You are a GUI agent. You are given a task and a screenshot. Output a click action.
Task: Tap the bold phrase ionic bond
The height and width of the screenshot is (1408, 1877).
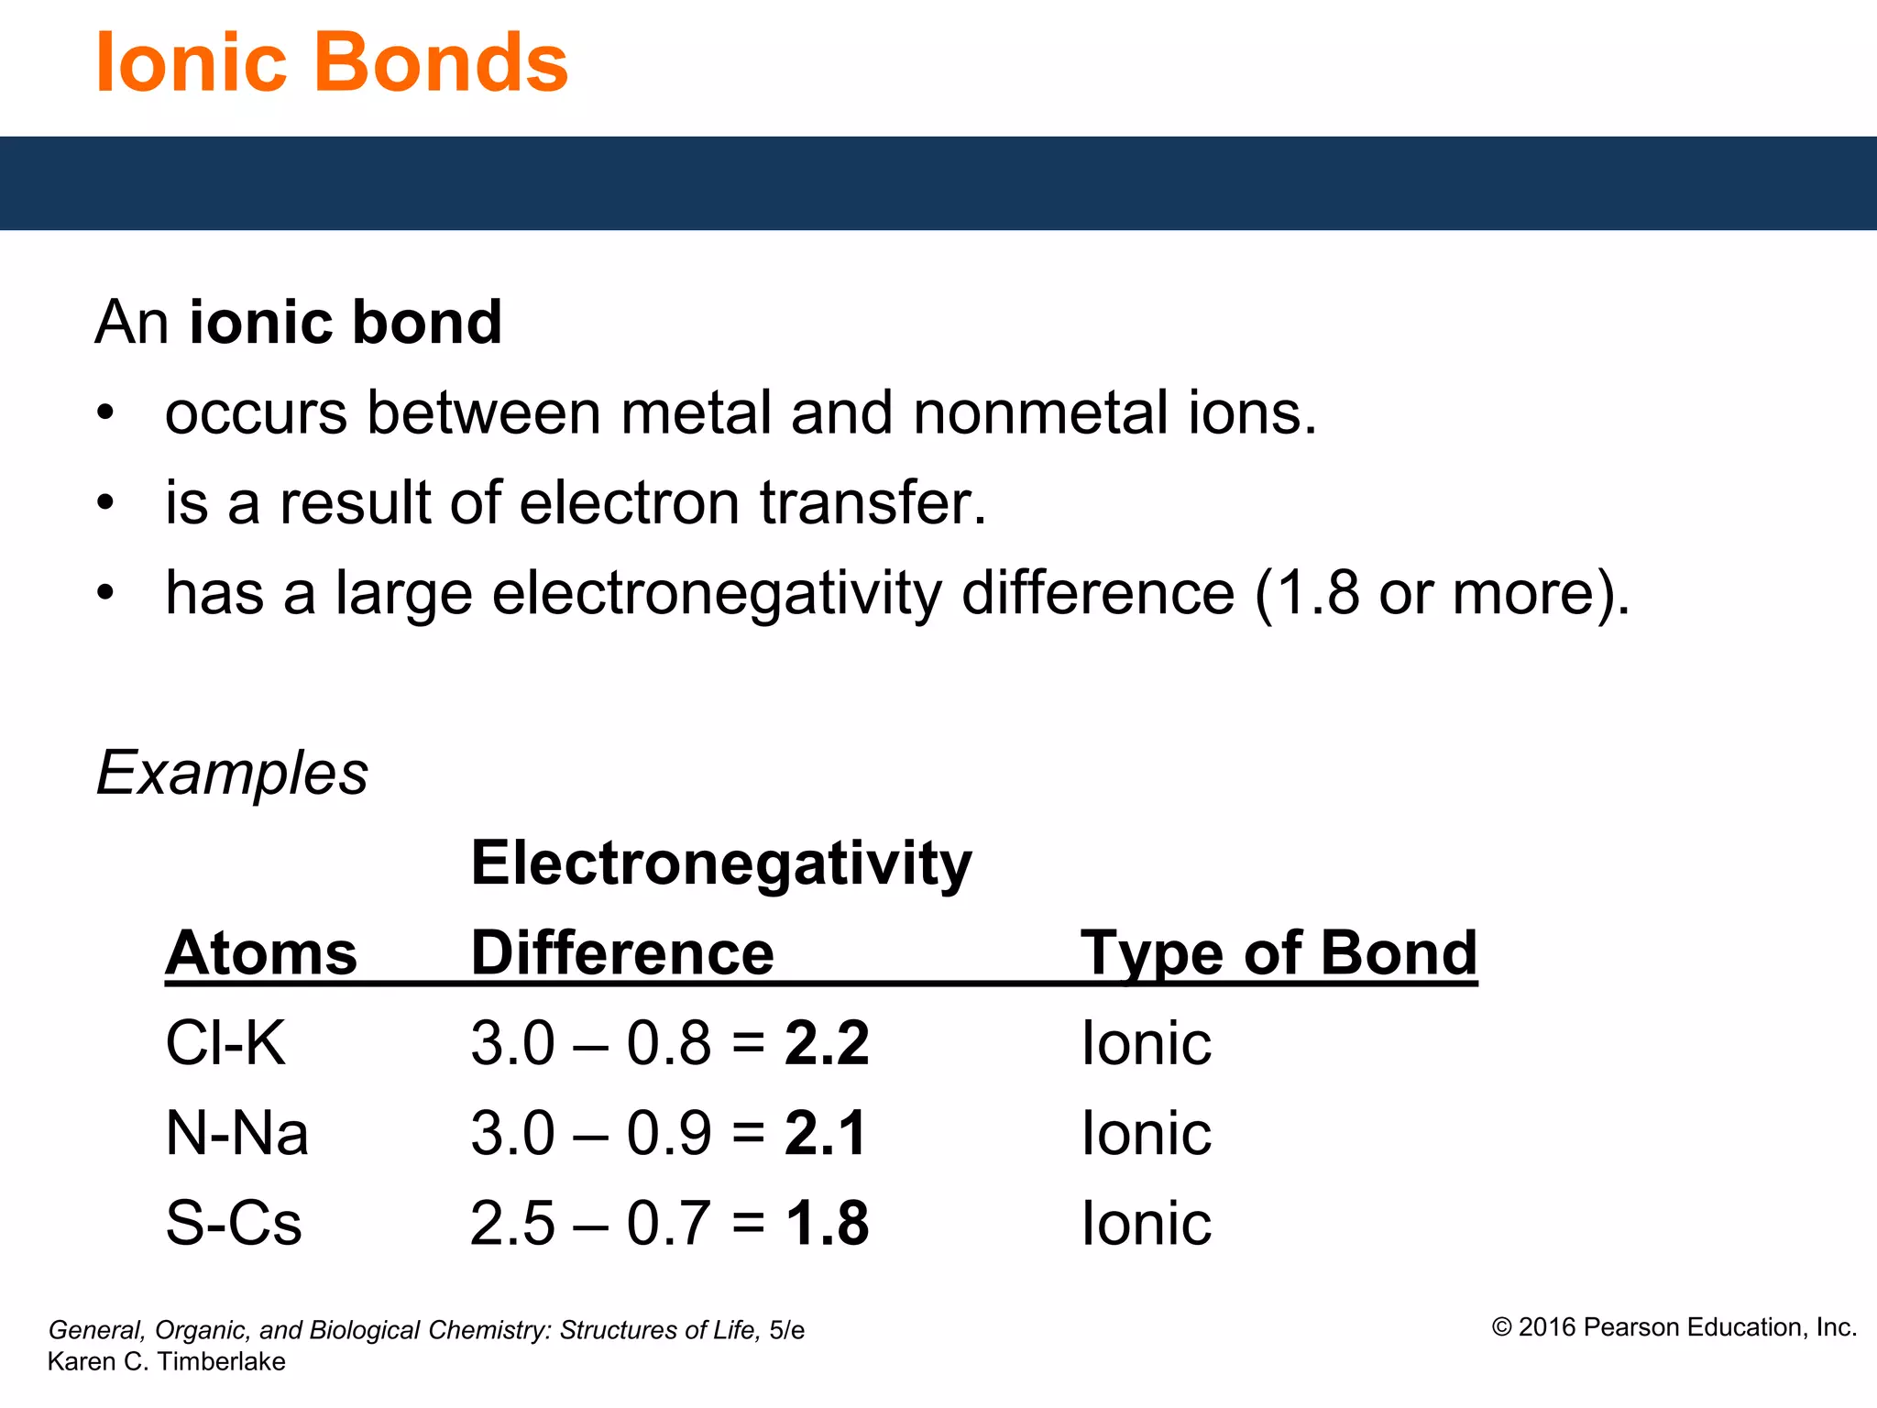(x=345, y=323)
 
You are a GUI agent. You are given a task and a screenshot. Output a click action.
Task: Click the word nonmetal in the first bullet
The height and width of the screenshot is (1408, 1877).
(x=1040, y=412)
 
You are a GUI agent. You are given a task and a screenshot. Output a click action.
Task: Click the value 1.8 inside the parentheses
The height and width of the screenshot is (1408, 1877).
(x=1318, y=593)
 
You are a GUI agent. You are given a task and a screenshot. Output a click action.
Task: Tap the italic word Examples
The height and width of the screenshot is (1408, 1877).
(x=232, y=773)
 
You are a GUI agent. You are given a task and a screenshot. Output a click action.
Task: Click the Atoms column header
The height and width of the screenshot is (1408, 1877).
(x=261, y=953)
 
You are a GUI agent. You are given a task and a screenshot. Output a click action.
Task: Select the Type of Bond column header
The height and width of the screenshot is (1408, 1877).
(x=1279, y=953)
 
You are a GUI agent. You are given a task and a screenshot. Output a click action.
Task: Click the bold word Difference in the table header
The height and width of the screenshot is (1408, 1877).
(x=622, y=953)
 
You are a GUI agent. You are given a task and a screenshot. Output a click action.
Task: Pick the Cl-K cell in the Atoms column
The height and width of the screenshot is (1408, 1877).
(x=225, y=1043)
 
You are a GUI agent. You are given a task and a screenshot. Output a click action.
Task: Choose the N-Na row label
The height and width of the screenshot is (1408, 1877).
(x=236, y=1133)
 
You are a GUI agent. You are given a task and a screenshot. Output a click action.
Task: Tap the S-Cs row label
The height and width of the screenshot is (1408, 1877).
(x=233, y=1223)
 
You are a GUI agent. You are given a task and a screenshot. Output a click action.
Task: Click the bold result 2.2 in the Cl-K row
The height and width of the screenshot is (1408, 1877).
(x=827, y=1043)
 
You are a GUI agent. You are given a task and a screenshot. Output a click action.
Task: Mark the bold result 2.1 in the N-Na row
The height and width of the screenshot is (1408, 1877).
(x=825, y=1133)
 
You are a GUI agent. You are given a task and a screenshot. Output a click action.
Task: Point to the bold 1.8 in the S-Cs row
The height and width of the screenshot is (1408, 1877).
(x=827, y=1223)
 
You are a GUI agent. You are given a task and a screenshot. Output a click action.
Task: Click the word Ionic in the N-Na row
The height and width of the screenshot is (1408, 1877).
(x=1146, y=1133)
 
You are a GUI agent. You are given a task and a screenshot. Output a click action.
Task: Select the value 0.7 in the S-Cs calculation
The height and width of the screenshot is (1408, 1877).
(x=668, y=1223)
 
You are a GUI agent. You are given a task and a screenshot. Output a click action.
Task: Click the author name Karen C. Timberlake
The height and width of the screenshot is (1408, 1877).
(x=166, y=1361)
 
